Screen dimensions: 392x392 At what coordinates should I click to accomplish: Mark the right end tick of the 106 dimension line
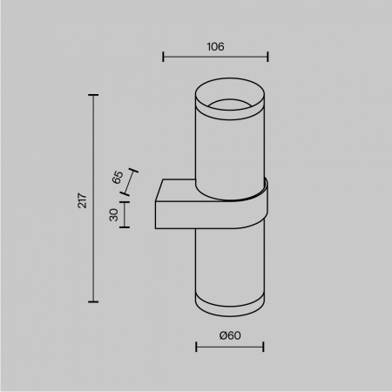click(x=268, y=59)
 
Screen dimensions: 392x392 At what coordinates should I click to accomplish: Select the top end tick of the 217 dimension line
click(x=93, y=94)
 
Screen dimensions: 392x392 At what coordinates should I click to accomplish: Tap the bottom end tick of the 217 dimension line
click(x=93, y=301)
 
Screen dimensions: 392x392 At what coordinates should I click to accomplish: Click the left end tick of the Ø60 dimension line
click(x=196, y=348)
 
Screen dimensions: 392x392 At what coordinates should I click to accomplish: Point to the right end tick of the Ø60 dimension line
click(x=263, y=348)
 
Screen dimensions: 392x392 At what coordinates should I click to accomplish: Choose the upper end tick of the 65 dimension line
click(x=135, y=170)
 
